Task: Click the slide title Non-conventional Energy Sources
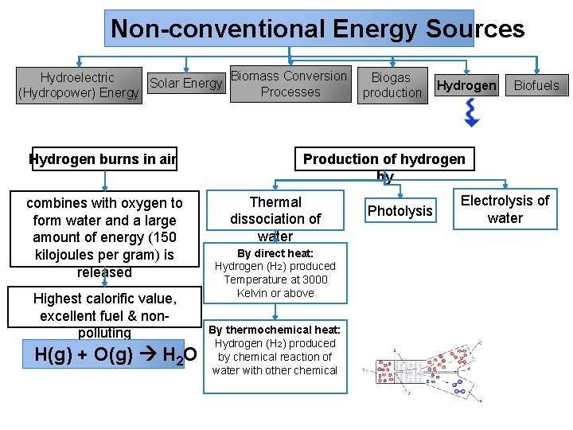click(317, 29)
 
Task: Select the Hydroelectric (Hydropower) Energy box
click(78, 85)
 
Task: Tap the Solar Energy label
click(185, 83)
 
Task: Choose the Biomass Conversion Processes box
click(290, 84)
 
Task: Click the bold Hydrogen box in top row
click(466, 85)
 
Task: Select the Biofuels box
click(536, 85)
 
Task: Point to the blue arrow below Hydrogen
click(471, 113)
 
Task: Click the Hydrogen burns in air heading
click(103, 158)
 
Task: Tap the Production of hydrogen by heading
click(384, 159)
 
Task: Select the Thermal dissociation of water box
click(275, 218)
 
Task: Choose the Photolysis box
click(400, 210)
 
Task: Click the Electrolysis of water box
click(505, 209)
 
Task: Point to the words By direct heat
click(275, 253)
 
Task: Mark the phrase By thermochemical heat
click(275, 330)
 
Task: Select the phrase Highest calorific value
click(104, 299)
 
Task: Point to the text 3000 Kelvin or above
click(275, 287)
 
